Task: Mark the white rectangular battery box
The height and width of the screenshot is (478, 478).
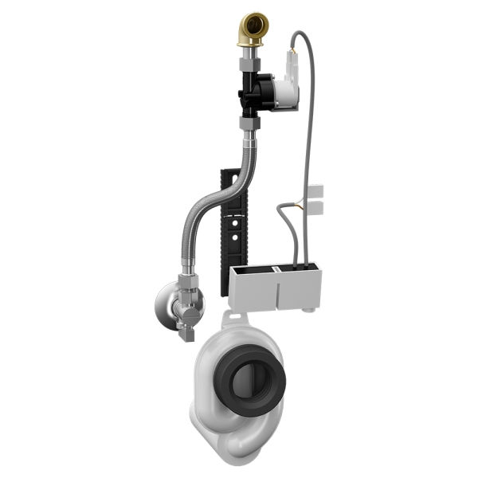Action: tap(275, 287)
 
